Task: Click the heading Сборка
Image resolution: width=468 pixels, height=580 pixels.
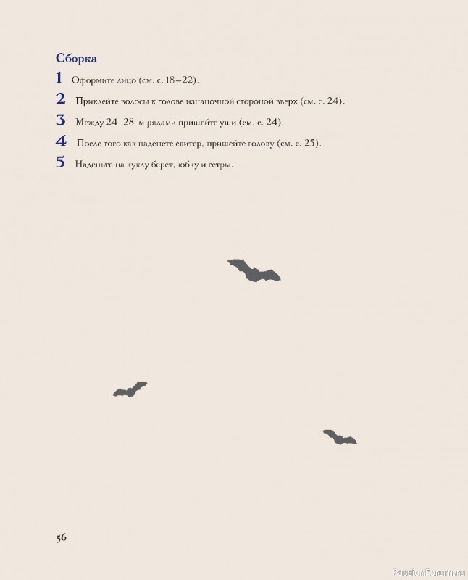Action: pos(76,57)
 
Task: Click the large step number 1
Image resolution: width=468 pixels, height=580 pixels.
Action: pos(59,78)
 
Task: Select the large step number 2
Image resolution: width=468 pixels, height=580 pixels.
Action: pos(60,99)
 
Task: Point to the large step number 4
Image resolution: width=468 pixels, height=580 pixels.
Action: pos(61,141)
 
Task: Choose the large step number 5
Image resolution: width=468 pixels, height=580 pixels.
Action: pos(60,162)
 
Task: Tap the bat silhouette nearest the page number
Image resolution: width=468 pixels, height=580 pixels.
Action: pos(130,389)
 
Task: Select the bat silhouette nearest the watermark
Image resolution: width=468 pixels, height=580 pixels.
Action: pos(339,437)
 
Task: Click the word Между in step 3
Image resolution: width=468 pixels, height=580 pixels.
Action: pos(89,123)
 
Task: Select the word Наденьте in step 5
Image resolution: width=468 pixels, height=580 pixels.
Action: pos(93,165)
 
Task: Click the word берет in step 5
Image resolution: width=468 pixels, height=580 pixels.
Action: pos(161,165)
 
